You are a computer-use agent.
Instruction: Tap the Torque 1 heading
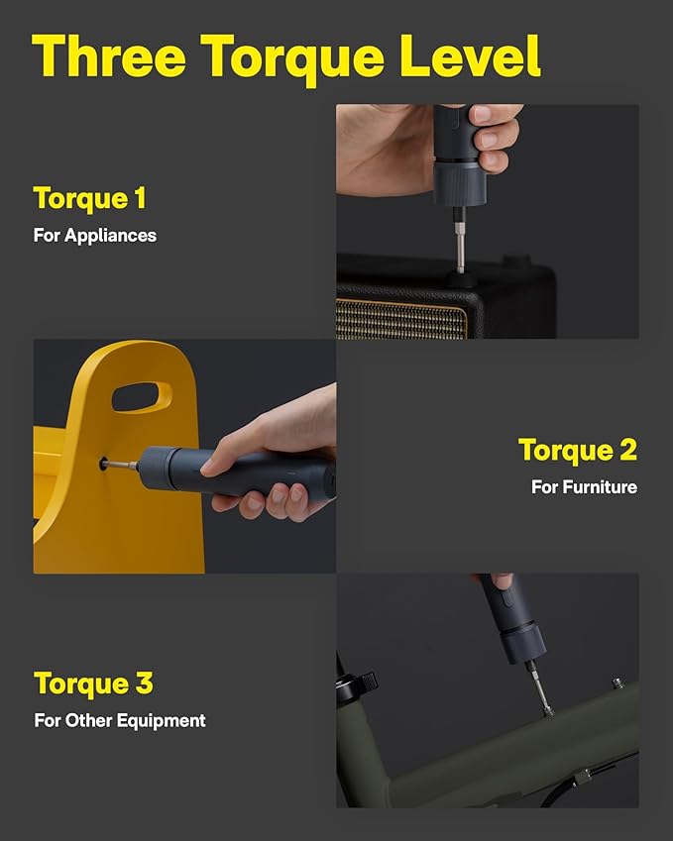click(90, 198)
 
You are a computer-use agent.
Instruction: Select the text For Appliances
click(95, 236)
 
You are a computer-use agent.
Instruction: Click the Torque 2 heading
click(577, 450)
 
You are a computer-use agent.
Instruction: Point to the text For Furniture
click(583, 486)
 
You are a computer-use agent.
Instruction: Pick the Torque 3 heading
click(93, 683)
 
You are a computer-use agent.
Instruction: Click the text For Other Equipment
click(120, 720)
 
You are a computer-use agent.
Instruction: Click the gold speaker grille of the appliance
click(401, 320)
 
